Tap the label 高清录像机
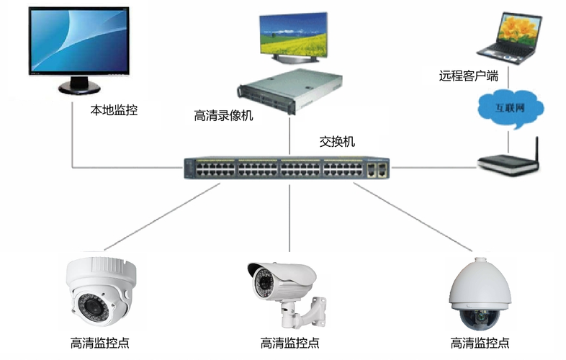tap(224, 115)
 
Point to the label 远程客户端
tap(469, 75)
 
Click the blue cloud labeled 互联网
tap(510, 108)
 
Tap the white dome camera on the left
tap(102, 288)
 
